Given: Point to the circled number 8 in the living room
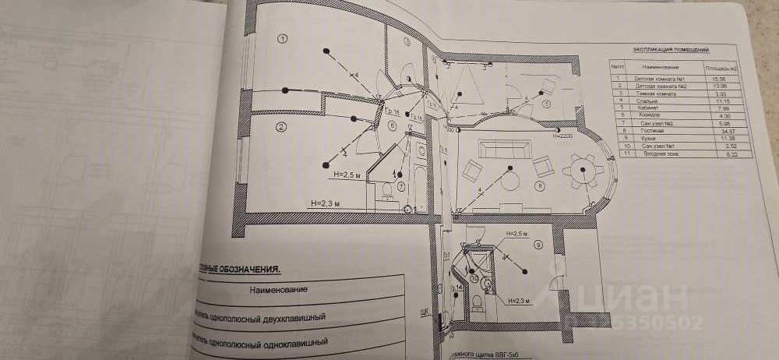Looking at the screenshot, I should click(x=538, y=185).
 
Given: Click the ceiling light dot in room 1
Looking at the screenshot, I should click(x=328, y=53).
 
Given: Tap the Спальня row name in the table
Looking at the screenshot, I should click(x=649, y=101).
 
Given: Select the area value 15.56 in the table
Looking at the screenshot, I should click(x=709, y=80).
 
